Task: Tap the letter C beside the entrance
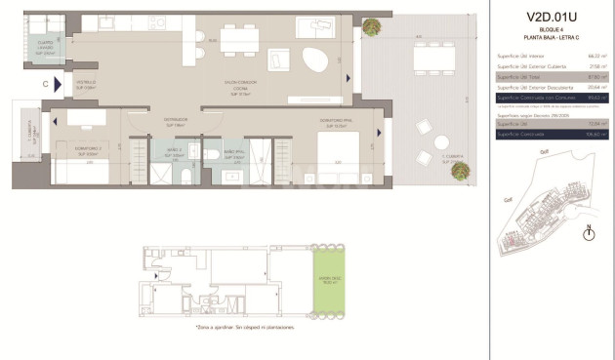click(45, 84)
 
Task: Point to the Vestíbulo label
click(87, 85)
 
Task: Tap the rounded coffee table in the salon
click(314, 60)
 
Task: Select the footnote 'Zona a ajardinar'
click(231, 328)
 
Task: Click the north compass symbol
click(589, 232)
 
